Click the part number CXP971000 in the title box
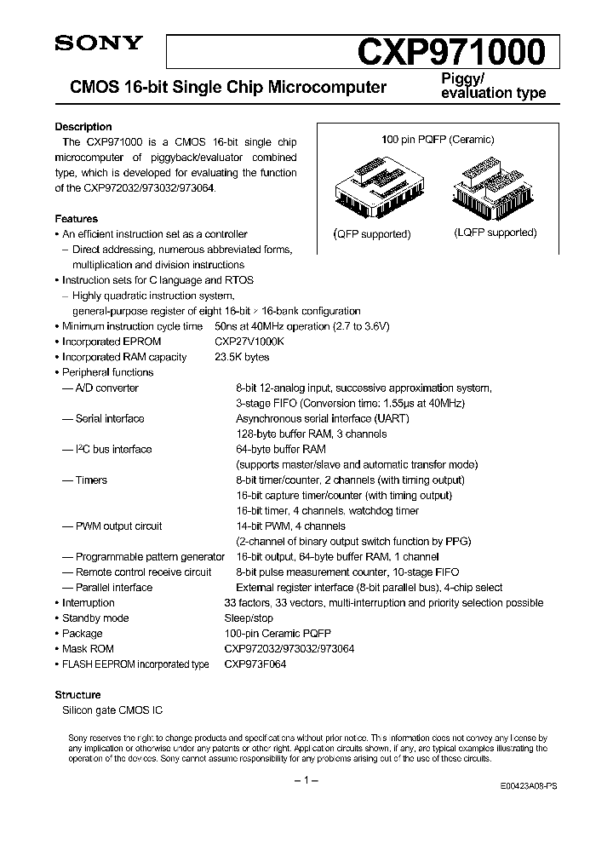click(x=451, y=53)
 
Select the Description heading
click(x=83, y=127)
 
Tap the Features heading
click(x=77, y=219)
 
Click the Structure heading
click(x=78, y=695)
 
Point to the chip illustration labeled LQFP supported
click(x=495, y=190)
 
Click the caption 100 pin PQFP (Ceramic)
click(x=437, y=140)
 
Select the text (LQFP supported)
click(x=495, y=233)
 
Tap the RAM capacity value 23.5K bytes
click(x=243, y=357)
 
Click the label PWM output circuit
click(x=118, y=526)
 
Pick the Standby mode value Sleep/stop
click(x=249, y=618)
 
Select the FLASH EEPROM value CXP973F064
click(x=255, y=664)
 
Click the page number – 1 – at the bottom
click(x=306, y=781)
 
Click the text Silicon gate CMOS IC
click(x=112, y=710)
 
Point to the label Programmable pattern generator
click(x=150, y=556)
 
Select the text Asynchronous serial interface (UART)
click(x=323, y=418)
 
